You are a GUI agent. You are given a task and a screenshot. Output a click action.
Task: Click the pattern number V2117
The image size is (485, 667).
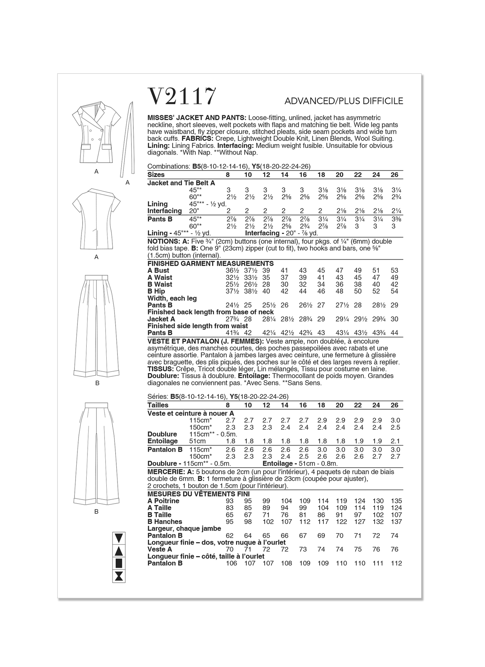pyautogui.click(x=182, y=97)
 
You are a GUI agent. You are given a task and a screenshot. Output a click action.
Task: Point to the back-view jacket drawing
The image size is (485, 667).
pyautogui.click(x=96, y=219)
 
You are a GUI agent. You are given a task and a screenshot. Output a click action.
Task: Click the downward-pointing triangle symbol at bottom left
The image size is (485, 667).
pyautogui.click(x=119, y=538)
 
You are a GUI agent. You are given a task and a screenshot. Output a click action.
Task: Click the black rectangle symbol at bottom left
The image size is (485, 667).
pyautogui.click(x=119, y=564)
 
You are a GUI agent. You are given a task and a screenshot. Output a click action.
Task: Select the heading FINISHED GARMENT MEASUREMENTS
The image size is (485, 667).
pyautogui.click(x=210, y=263)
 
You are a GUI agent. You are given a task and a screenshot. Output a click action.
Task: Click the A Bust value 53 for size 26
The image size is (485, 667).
pyautogui.click(x=394, y=271)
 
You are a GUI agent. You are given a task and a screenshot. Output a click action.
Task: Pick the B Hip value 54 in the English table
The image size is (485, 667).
pyautogui.click(x=394, y=291)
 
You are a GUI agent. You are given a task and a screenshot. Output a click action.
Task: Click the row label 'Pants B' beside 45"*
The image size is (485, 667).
pyautogui.click(x=160, y=219)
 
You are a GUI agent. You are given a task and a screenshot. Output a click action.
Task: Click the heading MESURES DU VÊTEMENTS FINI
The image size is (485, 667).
pyautogui.click(x=199, y=494)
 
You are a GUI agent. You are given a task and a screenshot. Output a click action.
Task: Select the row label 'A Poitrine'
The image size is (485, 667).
pyautogui.click(x=163, y=501)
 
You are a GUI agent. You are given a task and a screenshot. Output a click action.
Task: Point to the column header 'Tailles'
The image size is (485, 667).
pyautogui.click(x=158, y=405)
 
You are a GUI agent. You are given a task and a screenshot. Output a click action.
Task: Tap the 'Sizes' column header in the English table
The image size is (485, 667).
pyautogui.click(x=156, y=175)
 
